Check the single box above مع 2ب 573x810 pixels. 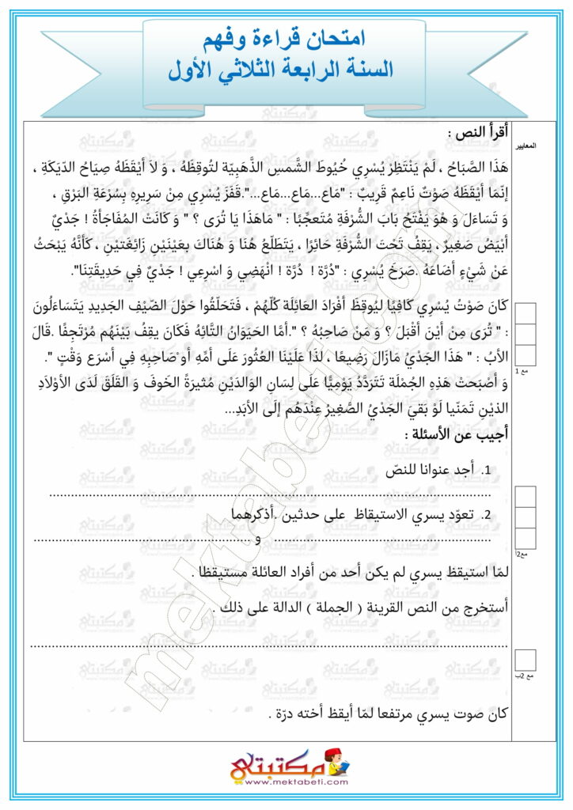[525, 659]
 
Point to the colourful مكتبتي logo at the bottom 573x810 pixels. [286, 763]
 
